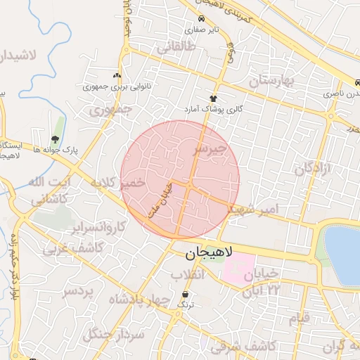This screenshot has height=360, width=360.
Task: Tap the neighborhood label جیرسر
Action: click(211, 150)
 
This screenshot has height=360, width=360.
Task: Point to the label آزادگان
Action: click(312, 169)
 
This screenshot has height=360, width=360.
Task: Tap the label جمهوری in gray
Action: click(111, 110)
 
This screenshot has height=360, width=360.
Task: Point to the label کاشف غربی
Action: click(72, 248)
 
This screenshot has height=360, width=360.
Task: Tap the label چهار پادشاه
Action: click(139, 301)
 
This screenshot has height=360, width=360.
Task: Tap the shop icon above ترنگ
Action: click(185, 295)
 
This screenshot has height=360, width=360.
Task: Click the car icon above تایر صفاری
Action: click(202, 19)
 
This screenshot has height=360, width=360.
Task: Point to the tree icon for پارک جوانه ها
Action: click(56, 139)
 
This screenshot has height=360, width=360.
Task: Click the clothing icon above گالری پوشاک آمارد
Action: click(212, 98)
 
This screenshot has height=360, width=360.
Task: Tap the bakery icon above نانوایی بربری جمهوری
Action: click(117, 75)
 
